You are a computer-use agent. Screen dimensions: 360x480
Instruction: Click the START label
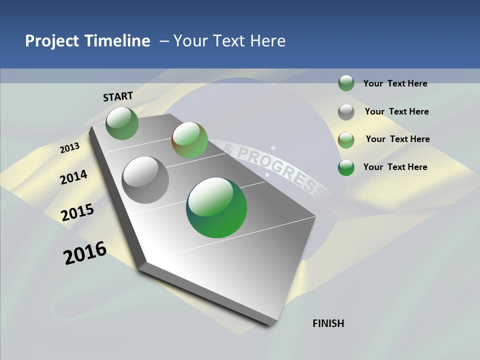coord(118,96)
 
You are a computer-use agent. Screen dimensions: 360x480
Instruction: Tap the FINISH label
coord(328,323)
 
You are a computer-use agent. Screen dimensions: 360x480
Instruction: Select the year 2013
coord(69,148)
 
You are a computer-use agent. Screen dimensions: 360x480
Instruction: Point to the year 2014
coord(73,177)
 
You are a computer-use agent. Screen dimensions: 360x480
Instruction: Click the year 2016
coord(85,253)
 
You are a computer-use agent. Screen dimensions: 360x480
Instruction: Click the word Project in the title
coord(52,41)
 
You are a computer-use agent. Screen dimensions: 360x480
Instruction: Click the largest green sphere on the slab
coord(216,207)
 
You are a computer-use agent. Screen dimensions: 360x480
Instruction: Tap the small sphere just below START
coord(122,123)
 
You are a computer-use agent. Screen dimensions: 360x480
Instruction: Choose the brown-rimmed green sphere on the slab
coord(189,140)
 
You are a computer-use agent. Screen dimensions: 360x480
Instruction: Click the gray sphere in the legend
coord(346,112)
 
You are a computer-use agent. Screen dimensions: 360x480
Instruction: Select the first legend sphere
coord(346,83)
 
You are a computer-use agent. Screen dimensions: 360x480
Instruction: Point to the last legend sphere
coord(346,167)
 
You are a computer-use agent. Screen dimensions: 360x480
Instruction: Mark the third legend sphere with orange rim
coord(346,140)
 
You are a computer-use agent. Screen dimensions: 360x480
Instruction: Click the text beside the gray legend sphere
coord(396,111)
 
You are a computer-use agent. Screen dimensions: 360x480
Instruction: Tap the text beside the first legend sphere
coord(395,83)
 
